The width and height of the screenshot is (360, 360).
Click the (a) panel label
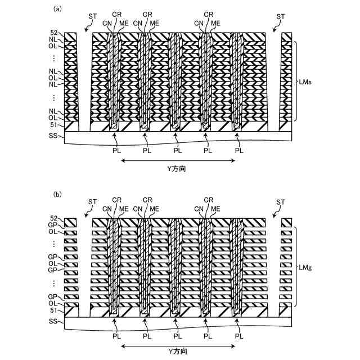pyautogui.click(x=57, y=9)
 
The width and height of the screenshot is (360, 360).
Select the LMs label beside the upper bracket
pyautogui.click(x=306, y=82)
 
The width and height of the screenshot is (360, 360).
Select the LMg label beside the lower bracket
pyautogui.click(x=306, y=268)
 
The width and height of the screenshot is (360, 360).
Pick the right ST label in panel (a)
pyautogui.click(x=281, y=16)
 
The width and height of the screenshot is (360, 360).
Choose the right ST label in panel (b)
pyautogui.click(x=281, y=201)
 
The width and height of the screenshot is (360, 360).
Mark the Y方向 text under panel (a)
pyautogui.click(x=178, y=168)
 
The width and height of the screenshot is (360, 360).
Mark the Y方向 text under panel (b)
pyautogui.click(x=178, y=352)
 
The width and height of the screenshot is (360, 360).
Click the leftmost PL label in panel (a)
pyautogui.click(x=116, y=150)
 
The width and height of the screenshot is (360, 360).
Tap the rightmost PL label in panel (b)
pyautogui.click(x=240, y=336)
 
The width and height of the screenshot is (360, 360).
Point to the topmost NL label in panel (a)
pyautogui.click(x=54, y=40)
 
